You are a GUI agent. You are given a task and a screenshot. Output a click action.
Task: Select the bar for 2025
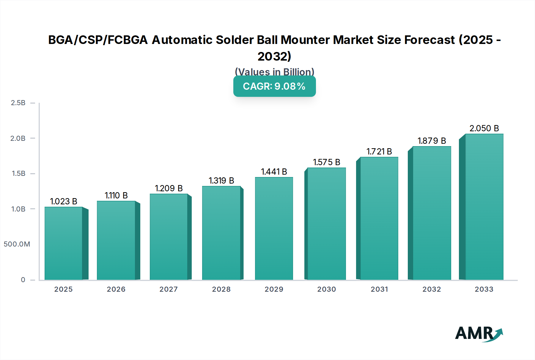[63, 244]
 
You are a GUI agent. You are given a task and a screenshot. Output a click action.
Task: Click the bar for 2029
[274, 229]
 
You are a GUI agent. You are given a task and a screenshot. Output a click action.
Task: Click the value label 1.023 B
[63, 201]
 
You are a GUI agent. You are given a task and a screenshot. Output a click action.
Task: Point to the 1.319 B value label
[221, 181]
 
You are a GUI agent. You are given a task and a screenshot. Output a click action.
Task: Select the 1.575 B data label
[326, 162]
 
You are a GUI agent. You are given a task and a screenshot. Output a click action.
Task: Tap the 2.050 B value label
[484, 128]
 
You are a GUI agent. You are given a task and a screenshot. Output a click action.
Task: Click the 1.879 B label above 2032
[432, 141]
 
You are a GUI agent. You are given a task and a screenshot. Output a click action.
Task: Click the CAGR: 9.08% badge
[274, 86]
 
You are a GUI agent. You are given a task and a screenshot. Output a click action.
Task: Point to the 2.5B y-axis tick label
[18, 103]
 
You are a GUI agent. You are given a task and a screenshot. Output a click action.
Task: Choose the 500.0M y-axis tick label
[17, 244]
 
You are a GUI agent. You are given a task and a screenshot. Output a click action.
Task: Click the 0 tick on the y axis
[23, 280]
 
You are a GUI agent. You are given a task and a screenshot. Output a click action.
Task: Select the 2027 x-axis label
[169, 289]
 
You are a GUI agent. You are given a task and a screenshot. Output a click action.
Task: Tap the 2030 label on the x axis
[326, 289]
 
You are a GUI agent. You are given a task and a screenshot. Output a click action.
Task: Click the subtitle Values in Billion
[274, 72]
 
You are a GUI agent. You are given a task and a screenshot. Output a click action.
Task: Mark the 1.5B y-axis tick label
[18, 173]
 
